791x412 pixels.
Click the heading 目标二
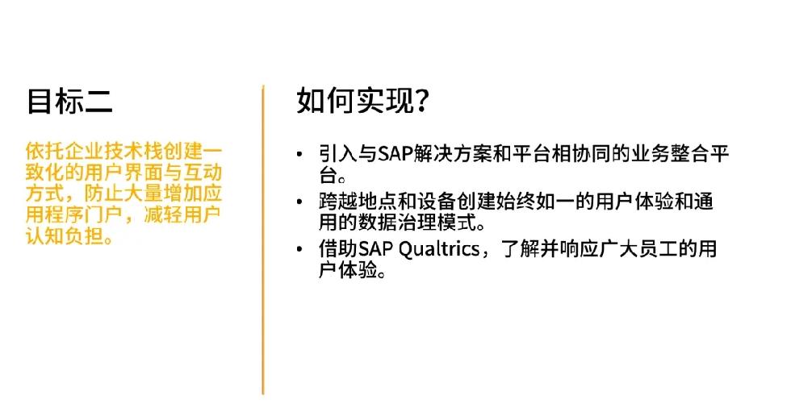[69, 101]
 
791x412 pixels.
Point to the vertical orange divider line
[263, 239]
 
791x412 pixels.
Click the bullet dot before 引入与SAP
[299, 154]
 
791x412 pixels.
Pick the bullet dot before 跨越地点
[299, 202]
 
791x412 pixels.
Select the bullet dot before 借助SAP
[299, 249]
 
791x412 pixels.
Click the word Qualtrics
[439, 249]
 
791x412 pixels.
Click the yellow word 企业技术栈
[114, 151]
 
